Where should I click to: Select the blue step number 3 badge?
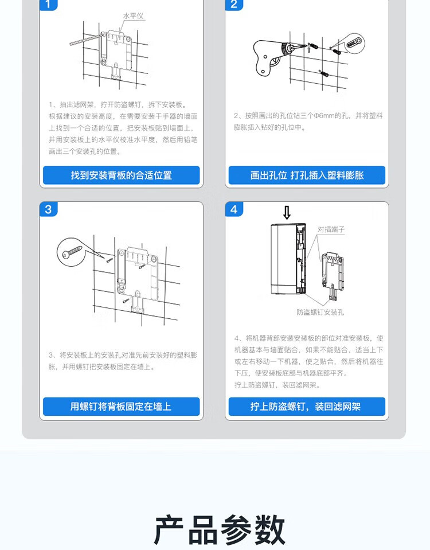click(x=48, y=209)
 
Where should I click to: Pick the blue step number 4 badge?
click(x=234, y=209)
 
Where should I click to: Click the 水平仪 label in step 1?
click(x=133, y=16)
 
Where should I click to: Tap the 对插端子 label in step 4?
click(x=331, y=229)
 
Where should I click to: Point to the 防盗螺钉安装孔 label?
click(x=320, y=312)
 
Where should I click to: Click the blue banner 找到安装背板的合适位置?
click(x=122, y=175)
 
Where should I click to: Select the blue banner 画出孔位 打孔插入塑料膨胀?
click(x=307, y=175)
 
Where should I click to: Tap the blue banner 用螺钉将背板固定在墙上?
click(x=122, y=407)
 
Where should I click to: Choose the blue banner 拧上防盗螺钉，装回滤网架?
click(x=307, y=407)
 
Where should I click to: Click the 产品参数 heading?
click(x=220, y=530)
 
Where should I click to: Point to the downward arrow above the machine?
click(x=287, y=213)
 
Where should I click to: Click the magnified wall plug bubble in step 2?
click(x=353, y=44)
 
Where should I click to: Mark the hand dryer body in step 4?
click(x=288, y=259)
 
